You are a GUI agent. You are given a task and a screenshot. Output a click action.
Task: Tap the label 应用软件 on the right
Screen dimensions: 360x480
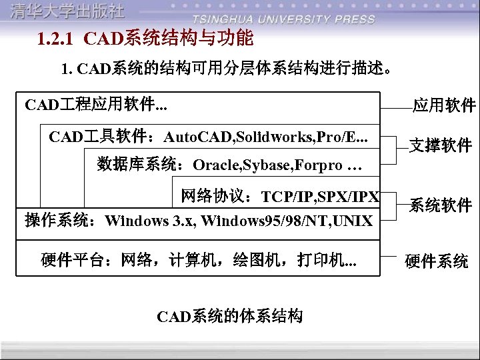(x=443, y=105)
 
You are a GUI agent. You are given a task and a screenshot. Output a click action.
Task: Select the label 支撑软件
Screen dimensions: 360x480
(x=440, y=145)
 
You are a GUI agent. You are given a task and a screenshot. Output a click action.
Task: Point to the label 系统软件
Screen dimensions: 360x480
(x=440, y=205)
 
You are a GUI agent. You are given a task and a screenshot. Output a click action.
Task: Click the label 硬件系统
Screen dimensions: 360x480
(x=437, y=261)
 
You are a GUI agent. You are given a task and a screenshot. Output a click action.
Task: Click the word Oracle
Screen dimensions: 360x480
(x=214, y=165)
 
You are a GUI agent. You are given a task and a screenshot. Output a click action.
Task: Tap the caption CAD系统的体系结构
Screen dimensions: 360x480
(x=230, y=315)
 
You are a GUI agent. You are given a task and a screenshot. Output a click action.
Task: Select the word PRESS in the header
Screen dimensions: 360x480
(x=353, y=19)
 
